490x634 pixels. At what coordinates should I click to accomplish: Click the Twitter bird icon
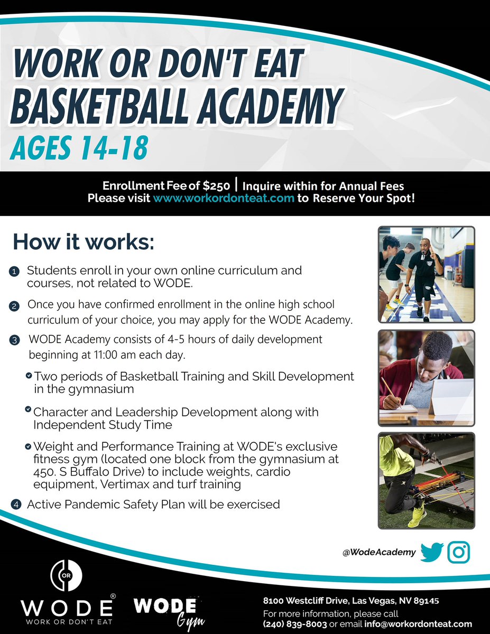(432, 552)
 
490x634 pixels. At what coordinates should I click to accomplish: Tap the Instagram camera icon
(458, 552)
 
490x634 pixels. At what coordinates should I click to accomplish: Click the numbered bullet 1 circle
(14, 272)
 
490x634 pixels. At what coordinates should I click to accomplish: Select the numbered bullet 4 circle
(16, 505)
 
